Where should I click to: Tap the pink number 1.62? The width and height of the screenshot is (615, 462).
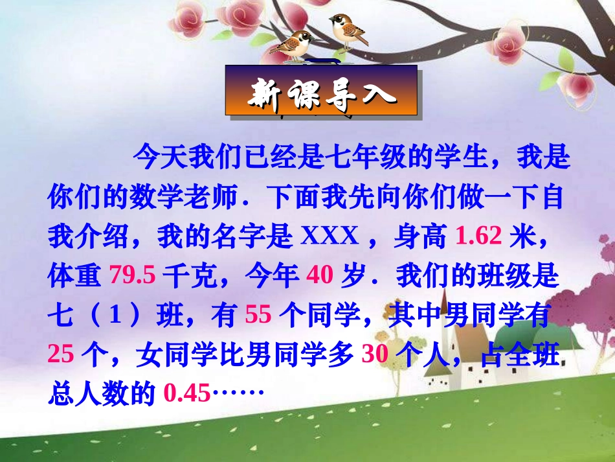click(478, 238)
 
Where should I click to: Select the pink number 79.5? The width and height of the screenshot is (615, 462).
click(132, 277)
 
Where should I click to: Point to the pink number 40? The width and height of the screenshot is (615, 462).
click(319, 277)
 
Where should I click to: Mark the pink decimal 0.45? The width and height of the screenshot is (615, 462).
click(187, 393)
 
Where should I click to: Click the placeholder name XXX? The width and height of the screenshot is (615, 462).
click(330, 238)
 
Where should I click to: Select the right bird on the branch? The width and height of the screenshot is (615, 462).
click(348, 29)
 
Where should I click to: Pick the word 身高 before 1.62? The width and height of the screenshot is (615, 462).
click(420, 238)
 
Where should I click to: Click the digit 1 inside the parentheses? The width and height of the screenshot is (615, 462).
click(115, 316)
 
